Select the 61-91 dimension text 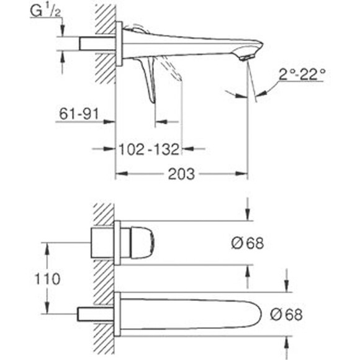[x=79, y=114]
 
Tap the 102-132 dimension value [x=150, y=149]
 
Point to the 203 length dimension [x=181, y=174]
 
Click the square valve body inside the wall [x=102, y=241]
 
